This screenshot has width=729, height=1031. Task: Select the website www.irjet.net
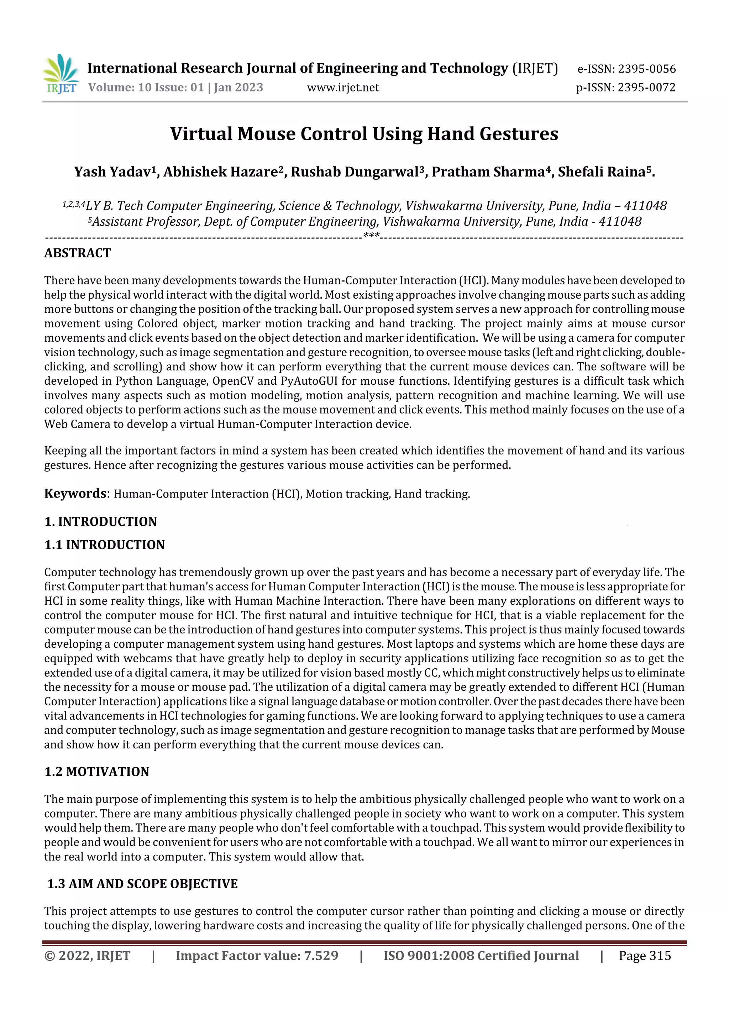pyautogui.click(x=343, y=88)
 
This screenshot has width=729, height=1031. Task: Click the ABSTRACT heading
pyautogui.click(x=77, y=253)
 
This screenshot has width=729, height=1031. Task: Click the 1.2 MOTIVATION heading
pyautogui.click(x=96, y=772)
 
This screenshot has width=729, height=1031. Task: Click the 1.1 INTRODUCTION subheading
pyautogui.click(x=104, y=545)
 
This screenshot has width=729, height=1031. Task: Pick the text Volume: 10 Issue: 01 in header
pyautogui.click(x=146, y=88)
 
